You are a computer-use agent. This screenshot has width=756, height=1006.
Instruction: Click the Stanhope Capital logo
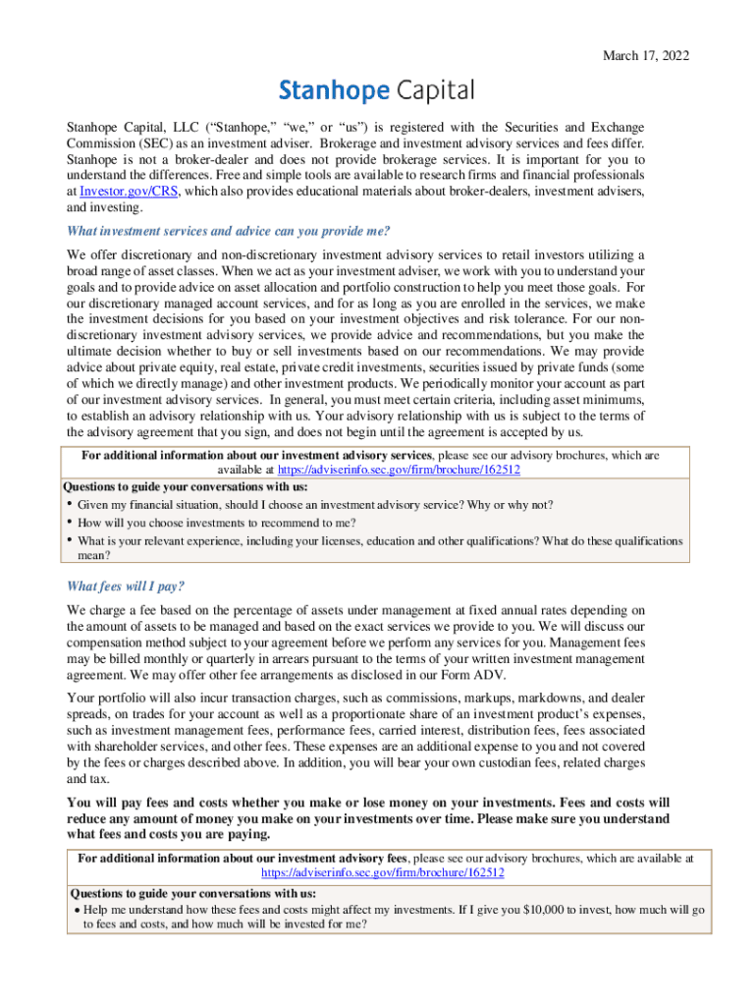point(377,92)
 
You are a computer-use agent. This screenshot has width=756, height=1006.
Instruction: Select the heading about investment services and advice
point(228,231)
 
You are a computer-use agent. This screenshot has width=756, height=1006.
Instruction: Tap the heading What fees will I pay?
point(125,587)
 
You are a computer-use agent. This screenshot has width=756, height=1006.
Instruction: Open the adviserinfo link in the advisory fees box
point(382,871)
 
